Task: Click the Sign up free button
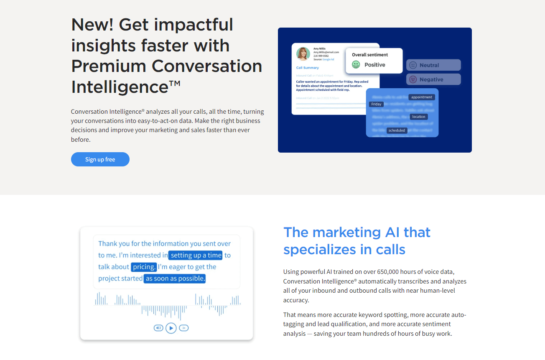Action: [x=100, y=159]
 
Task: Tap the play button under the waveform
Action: [x=171, y=328]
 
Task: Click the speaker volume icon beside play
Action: [x=158, y=328]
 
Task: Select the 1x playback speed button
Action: [x=184, y=328]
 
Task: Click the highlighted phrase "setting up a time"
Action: [x=196, y=255]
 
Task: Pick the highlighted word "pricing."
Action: [x=144, y=267]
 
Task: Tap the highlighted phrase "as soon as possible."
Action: [x=175, y=278]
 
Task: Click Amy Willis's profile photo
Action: [x=303, y=54]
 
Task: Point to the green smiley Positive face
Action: [x=356, y=65]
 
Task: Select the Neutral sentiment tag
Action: [x=433, y=65]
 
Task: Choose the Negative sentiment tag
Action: [x=433, y=79]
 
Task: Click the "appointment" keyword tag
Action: [x=422, y=97]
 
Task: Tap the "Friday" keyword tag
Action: [x=376, y=104]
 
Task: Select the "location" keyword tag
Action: [x=418, y=117]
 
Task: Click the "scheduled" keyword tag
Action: [x=397, y=130]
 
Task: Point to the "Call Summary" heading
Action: [x=308, y=68]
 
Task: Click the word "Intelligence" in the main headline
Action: [x=120, y=87]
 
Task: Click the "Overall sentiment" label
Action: [x=370, y=55]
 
